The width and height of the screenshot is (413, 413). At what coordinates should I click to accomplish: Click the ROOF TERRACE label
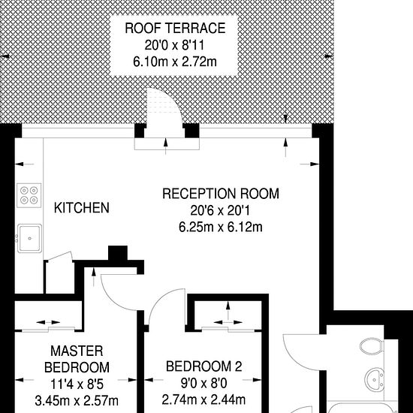click(175, 29)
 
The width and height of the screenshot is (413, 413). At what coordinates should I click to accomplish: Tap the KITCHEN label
click(82, 208)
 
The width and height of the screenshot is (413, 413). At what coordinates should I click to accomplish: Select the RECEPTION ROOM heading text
click(221, 194)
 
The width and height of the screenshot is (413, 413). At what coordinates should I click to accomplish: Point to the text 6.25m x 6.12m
click(221, 227)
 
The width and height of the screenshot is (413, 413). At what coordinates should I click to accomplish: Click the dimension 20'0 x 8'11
click(174, 45)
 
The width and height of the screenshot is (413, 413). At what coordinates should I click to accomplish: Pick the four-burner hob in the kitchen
click(29, 195)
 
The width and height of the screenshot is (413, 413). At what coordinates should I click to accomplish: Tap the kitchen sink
click(29, 238)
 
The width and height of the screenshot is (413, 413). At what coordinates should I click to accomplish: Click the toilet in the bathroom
click(372, 346)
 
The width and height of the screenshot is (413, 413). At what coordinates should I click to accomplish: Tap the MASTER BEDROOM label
click(77, 359)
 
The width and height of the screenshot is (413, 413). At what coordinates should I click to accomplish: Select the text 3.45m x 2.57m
click(77, 401)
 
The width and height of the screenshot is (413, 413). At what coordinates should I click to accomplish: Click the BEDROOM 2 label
click(203, 366)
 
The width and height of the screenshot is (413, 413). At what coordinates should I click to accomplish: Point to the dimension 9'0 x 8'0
click(203, 383)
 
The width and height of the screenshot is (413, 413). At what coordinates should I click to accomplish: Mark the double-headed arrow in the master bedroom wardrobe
click(48, 322)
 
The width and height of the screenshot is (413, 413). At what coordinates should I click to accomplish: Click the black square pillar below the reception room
click(118, 253)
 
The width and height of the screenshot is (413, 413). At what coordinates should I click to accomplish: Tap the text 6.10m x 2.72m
click(175, 62)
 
